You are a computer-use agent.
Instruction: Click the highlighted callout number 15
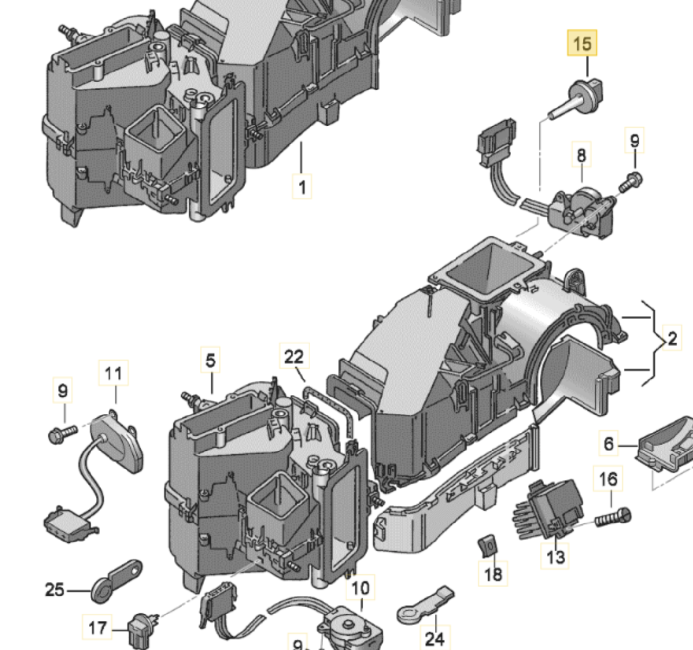coord(582,43)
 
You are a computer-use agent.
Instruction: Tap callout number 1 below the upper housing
coord(302,187)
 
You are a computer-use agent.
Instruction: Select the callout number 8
coord(581,155)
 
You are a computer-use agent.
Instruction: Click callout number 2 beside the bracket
coord(672,339)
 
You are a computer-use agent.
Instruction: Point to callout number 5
coord(211,360)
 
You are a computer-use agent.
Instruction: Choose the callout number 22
coord(294,357)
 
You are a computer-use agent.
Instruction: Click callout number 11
coord(114,373)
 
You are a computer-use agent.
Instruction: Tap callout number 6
coord(609,444)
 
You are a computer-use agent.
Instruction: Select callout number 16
coord(609,479)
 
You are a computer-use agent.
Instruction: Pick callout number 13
coord(555,556)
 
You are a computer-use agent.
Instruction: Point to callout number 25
coord(54,589)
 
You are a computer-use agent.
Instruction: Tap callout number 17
coord(97,628)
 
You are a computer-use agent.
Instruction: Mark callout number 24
coord(434,639)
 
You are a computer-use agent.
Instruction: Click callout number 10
coord(361,588)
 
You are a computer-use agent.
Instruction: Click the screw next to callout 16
coord(613,517)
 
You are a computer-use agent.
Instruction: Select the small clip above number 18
coord(488,545)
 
